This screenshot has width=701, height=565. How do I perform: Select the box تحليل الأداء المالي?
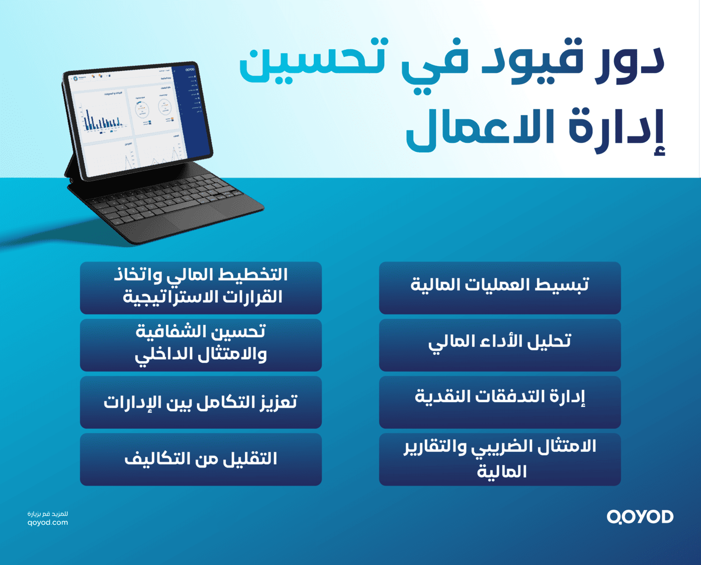(500, 345)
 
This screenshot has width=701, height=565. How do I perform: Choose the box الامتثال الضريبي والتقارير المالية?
(500, 459)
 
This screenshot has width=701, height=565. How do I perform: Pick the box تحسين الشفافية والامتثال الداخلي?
(201, 345)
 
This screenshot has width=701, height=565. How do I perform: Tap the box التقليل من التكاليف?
(201, 459)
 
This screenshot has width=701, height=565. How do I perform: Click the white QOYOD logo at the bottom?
(640, 517)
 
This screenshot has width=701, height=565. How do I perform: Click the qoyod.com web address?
(48, 523)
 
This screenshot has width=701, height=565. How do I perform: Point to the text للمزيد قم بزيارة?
(48, 514)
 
